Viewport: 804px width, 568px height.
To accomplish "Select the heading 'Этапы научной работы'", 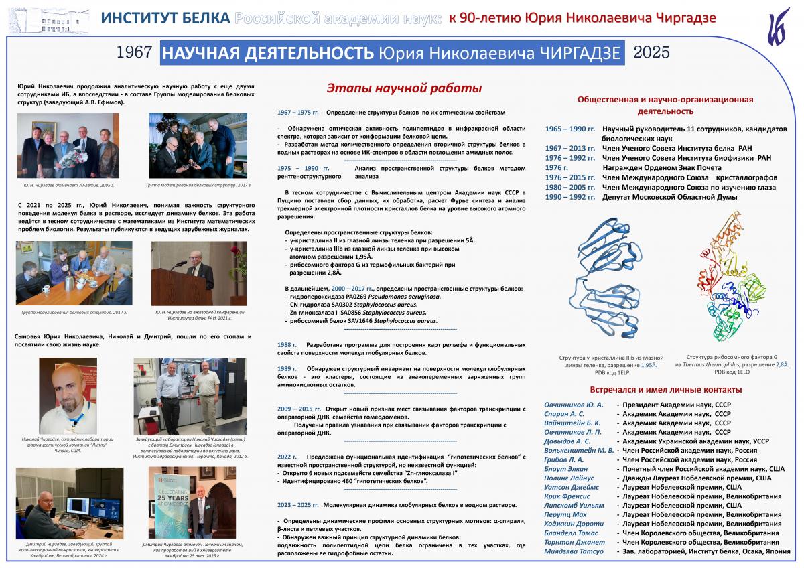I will coord(404,88).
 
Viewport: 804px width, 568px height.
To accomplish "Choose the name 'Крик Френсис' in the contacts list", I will coord(566,496).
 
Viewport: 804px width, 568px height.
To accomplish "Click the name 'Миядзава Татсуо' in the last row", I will coord(574,551).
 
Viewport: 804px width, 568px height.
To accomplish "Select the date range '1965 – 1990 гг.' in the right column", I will coord(570,129).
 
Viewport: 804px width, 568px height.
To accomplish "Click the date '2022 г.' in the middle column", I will coord(287,456).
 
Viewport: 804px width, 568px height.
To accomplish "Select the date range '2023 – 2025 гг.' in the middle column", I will coord(298,505).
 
